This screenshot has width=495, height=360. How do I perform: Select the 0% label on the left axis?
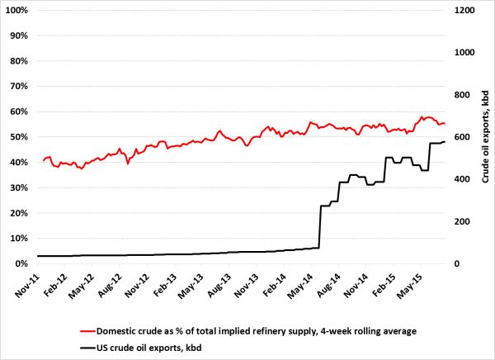point(22,263)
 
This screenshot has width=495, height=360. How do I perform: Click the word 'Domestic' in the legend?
point(119,331)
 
